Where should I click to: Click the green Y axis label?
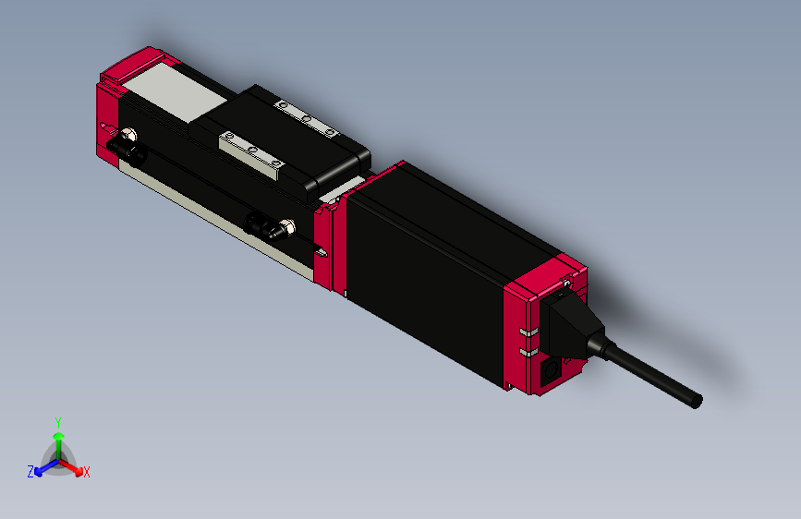[57, 421]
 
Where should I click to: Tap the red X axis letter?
[87, 472]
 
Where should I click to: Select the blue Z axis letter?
[30, 471]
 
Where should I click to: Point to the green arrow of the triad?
[58, 441]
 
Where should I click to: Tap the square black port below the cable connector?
[552, 371]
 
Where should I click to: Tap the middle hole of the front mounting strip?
[250, 150]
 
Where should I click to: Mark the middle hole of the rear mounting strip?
[307, 118]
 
